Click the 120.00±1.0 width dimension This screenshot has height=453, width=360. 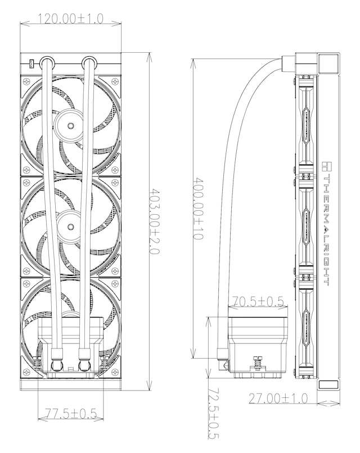point(70,19)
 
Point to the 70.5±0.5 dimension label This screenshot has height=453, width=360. point(259,302)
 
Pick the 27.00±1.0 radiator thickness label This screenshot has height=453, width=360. point(278,398)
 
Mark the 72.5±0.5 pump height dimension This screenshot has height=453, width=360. point(213,414)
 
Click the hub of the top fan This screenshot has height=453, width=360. point(71,121)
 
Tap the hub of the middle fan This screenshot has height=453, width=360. point(71,224)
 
